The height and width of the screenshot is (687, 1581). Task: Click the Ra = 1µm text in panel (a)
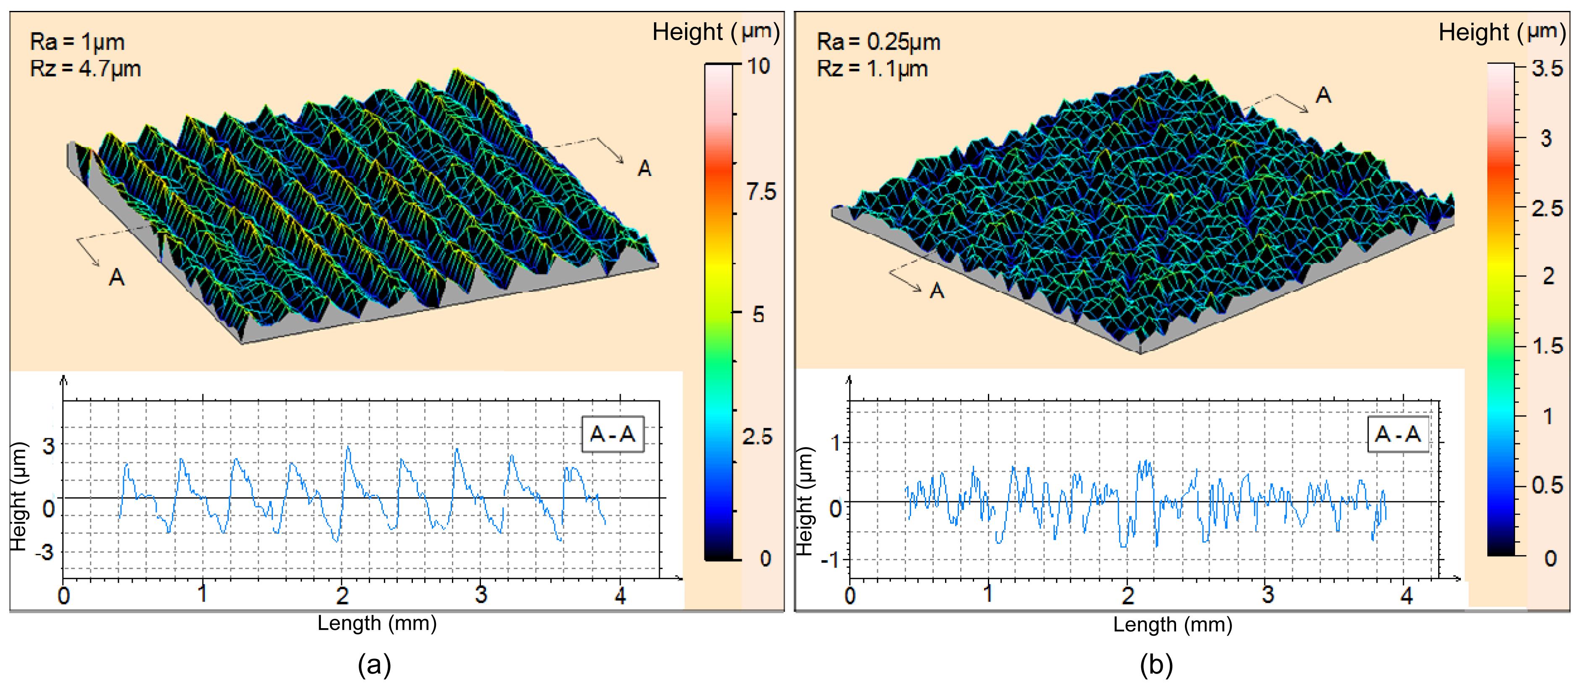coord(77,42)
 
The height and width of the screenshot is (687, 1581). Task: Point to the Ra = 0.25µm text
coord(878,42)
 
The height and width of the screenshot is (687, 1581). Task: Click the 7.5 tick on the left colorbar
coord(761,192)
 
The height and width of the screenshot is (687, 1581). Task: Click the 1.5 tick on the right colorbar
coord(1547,346)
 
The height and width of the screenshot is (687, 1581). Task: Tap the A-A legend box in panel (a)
coord(612,434)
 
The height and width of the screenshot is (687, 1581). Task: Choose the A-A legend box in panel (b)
coord(1398,434)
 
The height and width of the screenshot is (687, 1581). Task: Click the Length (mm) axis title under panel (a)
coord(377,624)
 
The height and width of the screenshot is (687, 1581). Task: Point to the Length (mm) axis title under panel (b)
coord(1172,625)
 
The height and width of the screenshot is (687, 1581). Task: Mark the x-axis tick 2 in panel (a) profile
coord(342,595)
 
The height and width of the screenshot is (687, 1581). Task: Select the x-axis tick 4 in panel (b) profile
coord(1407,595)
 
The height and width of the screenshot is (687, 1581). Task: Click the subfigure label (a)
coord(374,665)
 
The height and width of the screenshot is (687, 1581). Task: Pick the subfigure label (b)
coord(1156,665)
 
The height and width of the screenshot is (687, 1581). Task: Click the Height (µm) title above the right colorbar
coord(1502,32)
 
